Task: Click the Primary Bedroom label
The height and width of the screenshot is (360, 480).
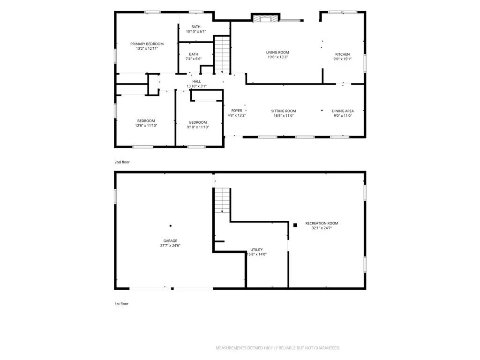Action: click(147, 44)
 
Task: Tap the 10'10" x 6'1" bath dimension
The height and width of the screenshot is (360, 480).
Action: click(196, 31)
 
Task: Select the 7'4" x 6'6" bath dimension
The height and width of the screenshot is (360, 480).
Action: click(194, 59)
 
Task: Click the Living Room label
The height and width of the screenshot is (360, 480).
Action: click(277, 52)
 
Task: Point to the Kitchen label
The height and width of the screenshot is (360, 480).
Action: click(342, 54)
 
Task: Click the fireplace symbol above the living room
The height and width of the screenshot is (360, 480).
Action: click(266, 19)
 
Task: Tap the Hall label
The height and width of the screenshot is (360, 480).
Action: click(196, 82)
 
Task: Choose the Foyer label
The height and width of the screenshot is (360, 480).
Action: click(237, 111)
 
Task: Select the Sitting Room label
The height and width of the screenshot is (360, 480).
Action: click(284, 111)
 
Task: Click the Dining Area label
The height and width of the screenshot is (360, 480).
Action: click(343, 111)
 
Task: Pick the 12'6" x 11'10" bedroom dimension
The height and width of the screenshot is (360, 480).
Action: click(146, 126)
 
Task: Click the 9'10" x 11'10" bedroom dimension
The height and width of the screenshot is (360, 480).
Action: click(198, 127)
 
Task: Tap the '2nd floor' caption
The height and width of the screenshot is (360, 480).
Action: click(122, 162)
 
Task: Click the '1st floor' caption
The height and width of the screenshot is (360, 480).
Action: click(121, 304)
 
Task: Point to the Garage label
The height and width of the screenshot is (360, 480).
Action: click(170, 240)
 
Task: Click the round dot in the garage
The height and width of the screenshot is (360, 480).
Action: click(171, 226)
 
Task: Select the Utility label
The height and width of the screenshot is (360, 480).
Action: click(256, 249)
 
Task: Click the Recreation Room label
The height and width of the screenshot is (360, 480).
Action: click(322, 223)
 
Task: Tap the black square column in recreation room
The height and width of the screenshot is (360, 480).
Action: click(295, 225)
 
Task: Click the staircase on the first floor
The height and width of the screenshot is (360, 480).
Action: click(222, 201)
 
